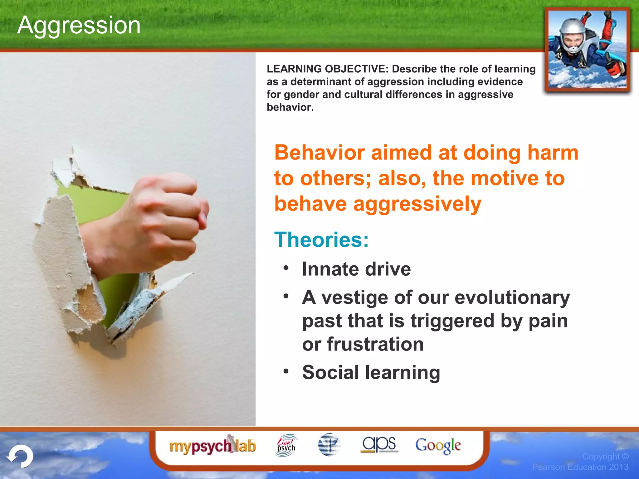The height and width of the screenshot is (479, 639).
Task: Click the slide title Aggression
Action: tap(79, 25)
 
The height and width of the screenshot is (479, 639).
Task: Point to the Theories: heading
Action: tap(321, 239)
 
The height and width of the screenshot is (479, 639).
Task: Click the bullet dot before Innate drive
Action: tap(286, 268)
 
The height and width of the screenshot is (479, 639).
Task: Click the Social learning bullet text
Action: tap(371, 372)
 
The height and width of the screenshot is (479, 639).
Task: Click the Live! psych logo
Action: tap(286, 445)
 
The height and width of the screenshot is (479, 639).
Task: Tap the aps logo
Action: tap(379, 444)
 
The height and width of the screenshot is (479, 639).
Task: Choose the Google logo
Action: tap(438, 446)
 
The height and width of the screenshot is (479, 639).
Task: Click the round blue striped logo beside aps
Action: tap(329, 445)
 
